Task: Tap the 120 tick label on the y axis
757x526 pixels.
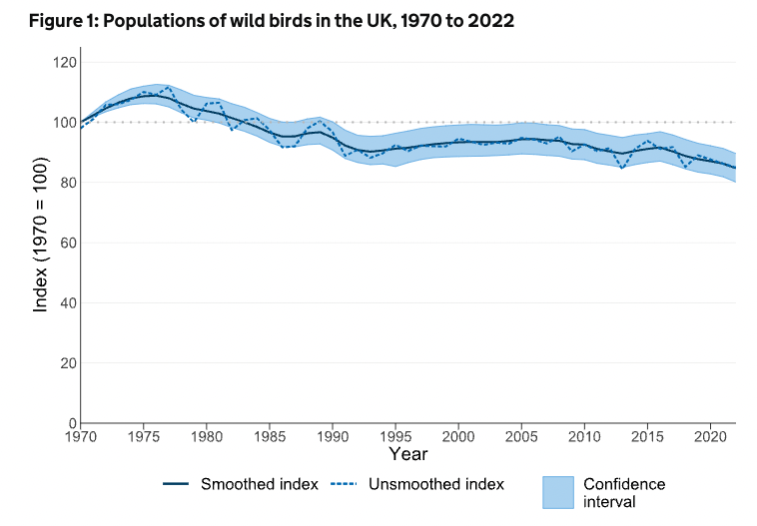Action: coord(64,63)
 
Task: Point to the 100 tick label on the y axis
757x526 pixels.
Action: coord(64,123)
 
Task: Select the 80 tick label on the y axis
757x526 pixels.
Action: coord(67,183)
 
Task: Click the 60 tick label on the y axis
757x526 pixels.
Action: coord(67,243)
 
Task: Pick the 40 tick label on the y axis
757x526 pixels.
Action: coord(67,302)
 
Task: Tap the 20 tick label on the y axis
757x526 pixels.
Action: coord(67,363)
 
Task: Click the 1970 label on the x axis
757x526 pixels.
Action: coord(81,437)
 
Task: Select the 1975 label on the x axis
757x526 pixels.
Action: coord(144,437)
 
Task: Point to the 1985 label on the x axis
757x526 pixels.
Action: coord(270,437)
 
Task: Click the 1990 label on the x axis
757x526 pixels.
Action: coord(333,437)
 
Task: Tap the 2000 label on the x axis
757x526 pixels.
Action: coord(458,437)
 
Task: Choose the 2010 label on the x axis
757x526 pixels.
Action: coord(584,437)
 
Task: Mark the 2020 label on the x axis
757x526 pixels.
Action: coord(710,437)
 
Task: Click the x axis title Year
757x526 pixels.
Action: coord(408,456)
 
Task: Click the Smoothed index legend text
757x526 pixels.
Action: coord(260,484)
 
